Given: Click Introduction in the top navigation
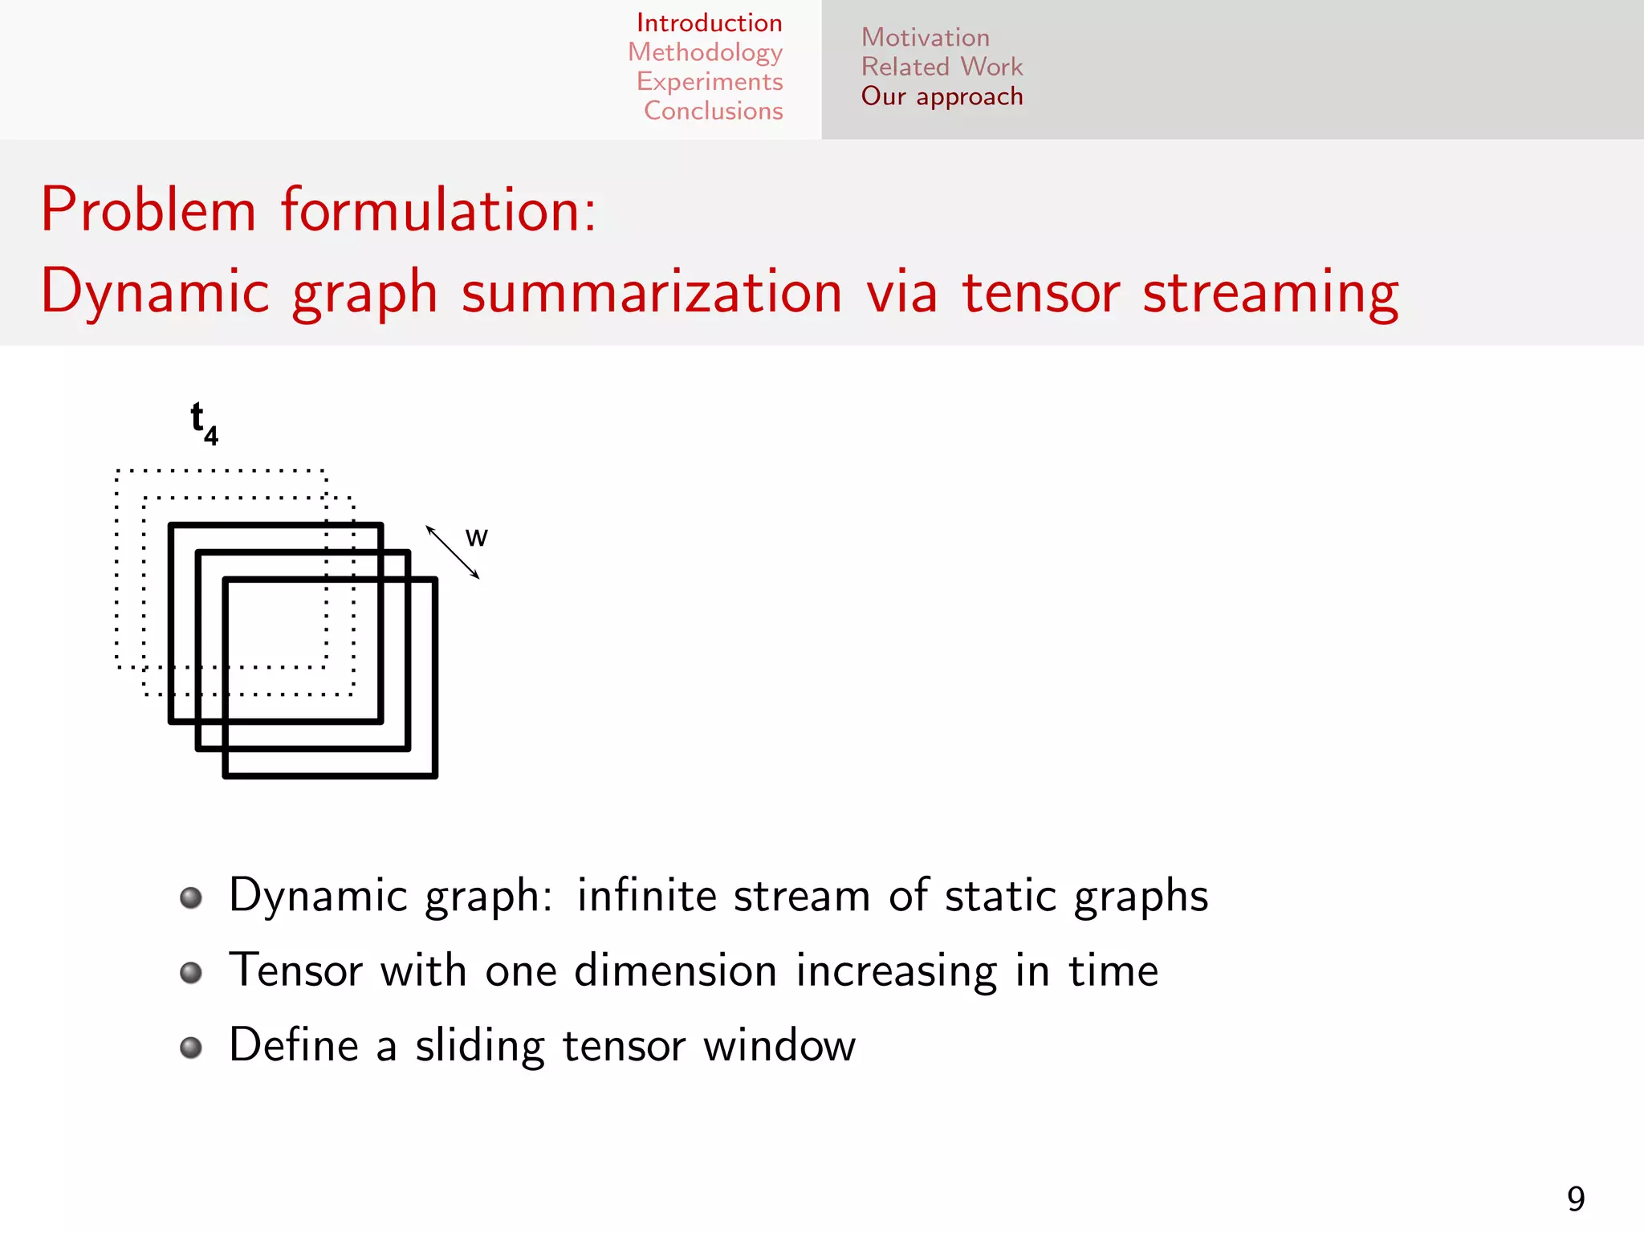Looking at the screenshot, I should [709, 23].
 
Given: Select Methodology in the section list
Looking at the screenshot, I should [705, 53].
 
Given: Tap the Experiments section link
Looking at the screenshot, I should [710, 82].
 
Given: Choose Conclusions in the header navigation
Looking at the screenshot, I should [713, 111].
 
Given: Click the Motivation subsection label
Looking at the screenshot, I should [925, 38].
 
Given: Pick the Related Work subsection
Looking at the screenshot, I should [942, 67].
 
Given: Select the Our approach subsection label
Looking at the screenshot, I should [942, 96].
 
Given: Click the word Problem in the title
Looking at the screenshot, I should [149, 210].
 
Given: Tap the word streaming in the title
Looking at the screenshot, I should [1270, 293].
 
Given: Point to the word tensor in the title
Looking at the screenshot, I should [1040, 293].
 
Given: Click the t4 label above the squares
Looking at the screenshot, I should [203, 423].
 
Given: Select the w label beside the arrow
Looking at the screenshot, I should [476, 537].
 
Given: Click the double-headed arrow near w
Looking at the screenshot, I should [452, 551].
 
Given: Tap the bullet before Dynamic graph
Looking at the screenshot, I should [191, 897].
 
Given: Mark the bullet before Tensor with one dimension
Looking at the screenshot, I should [191, 973].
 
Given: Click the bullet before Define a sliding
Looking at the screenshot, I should [191, 1048].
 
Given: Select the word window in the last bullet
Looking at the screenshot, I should [779, 1046].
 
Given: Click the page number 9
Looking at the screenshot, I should [1576, 1199].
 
